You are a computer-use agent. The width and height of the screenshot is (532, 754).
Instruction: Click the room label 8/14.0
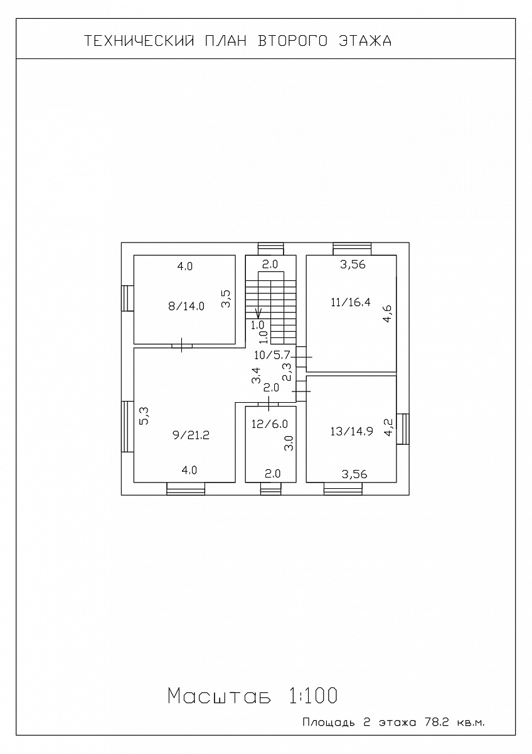(x=186, y=307)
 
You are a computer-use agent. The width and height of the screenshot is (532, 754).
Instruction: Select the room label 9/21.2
(x=191, y=435)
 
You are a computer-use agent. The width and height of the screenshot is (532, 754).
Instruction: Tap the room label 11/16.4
(x=351, y=302)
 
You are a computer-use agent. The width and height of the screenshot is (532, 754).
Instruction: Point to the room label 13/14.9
(x=351, y=431)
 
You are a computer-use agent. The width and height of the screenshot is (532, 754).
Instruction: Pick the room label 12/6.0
(x=270, y=423)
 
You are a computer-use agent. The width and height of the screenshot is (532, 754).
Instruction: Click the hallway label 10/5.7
(x=272, y=355)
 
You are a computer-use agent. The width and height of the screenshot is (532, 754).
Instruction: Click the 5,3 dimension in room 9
(x=144, y=416)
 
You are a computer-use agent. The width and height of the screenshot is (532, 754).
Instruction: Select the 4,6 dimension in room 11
(x=388, y=314)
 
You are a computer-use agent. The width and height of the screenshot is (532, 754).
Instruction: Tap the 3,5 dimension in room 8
(x=226, y=298)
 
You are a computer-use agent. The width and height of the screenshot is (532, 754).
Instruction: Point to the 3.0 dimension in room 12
(x=289, y=443)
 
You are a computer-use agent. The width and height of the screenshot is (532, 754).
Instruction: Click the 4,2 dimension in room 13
(x=388, y=427)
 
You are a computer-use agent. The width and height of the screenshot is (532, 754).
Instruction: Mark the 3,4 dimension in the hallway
(x=256, y=375)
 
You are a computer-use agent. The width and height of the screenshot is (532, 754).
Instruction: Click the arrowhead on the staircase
(x=258, y=314)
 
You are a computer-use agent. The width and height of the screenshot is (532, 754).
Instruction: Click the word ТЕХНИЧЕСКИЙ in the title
(x=139, y=41)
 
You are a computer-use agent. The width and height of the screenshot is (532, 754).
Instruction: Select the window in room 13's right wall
(x=403, y=429)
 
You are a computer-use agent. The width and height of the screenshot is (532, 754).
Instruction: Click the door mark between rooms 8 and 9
(x=182, y=346)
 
